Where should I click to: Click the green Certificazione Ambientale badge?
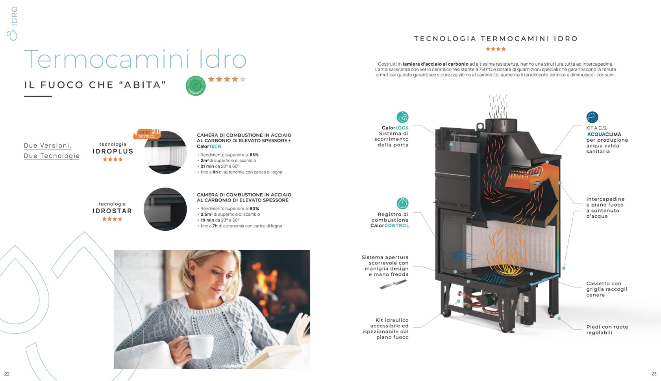click(x=195, y=85)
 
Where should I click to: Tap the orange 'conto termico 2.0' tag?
click(x=147, y=134)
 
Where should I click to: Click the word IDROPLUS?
click(x=113, y=151)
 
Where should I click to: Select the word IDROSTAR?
click(x=112, y=211)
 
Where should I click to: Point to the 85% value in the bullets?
click(x=254, y=155)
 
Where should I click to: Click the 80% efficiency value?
click(x=254, y=208)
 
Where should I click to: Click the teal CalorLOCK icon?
click(x=402, y=117)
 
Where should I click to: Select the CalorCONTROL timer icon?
click(x=402, y=203)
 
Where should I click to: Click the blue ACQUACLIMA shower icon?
click(x=592, y=117)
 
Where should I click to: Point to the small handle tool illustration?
click(x=393, y=285)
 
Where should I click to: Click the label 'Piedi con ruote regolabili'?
click(x=607, y=330)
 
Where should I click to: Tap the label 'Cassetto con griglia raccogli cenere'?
click(x=606, y=289)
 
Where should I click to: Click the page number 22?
click(x=7, y=374)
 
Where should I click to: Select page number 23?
click(x=654, y=374)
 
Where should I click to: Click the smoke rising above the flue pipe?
click(x=498, y=106)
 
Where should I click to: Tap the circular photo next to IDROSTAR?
click(x=165, y=209)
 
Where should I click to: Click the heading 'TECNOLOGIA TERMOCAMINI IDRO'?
click(x=496, y=39)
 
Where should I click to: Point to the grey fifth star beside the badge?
click(x=243, y=79)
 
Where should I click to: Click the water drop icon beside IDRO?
click(x=12, y=35)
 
